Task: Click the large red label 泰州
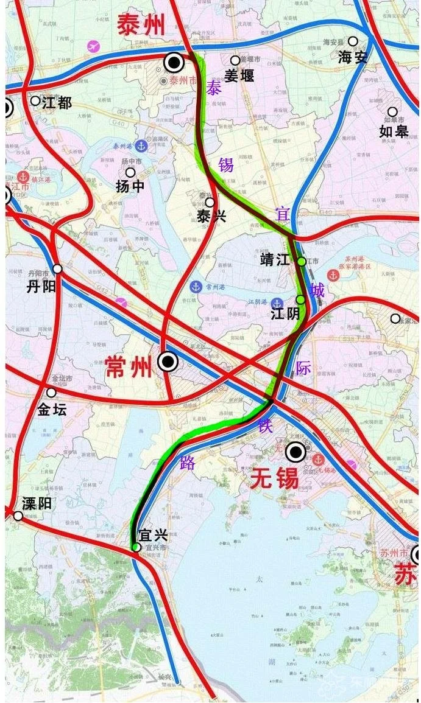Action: [x=141, y=26]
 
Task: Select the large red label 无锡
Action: [x=274, y=479]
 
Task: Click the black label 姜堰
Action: [x=239, y=75]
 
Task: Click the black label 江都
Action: [x=57, y=103]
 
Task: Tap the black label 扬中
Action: [x=130, y=186]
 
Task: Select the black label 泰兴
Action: [x=211, y=215]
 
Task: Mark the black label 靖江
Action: [x=275, y=260]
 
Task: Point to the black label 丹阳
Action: [x=41, y=285]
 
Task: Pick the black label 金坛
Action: [x=52, y=410]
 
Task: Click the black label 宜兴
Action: [x=153, y=536]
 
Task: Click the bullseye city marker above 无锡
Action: [x=297, y=452]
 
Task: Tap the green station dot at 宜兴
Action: [x=136, y=547]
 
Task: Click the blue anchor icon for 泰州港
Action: [x=141, y=146]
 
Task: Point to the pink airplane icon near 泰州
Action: [x=93, y=46]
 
